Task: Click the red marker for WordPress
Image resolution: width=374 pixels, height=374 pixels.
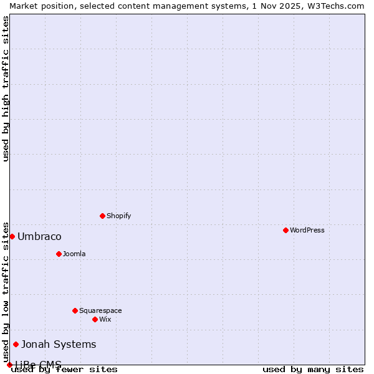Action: tap(285, 230)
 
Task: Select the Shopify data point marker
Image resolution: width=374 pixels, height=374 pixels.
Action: tap(102, 216)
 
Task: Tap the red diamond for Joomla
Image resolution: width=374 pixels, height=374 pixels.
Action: tap(59, 254)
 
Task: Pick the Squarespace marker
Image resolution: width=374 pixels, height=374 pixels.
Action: tap(75, 310)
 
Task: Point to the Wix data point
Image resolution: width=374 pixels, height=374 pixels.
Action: tap(95, 319)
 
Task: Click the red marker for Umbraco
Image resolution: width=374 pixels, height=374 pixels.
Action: tap(12, 236)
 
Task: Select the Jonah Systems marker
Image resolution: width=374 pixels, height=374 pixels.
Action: tap(16, 344)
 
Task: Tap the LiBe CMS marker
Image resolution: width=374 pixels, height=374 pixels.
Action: tap(9, 365)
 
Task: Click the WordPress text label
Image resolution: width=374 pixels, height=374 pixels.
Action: tap(307, 230)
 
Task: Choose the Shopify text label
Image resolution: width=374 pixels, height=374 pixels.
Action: tap(118, 216)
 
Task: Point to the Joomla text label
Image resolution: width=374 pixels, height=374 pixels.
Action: tap(74, 254)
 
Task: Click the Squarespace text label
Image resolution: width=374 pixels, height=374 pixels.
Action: tap(100, 310)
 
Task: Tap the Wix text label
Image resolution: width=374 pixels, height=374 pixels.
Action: tap(105, 319)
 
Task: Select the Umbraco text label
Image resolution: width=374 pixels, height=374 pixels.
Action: tap(39, 236)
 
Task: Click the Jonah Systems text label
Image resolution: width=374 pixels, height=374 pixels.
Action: tap(59, 344)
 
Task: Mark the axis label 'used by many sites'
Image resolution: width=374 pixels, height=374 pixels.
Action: tap(313, 369)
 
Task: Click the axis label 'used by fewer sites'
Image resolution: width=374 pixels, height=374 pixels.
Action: tap(64, 369)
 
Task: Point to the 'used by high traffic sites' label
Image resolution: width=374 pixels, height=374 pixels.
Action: tap(6, 89)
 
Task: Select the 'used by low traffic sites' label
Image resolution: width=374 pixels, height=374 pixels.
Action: tap(6, 292)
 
